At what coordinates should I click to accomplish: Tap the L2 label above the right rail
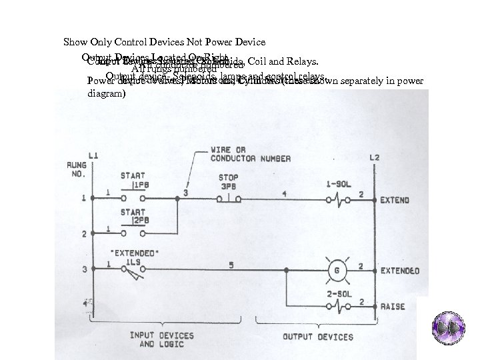pyautogui.click(x=375, y=157)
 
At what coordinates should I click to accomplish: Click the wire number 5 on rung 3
pyautogui.click(x=232, y=265)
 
